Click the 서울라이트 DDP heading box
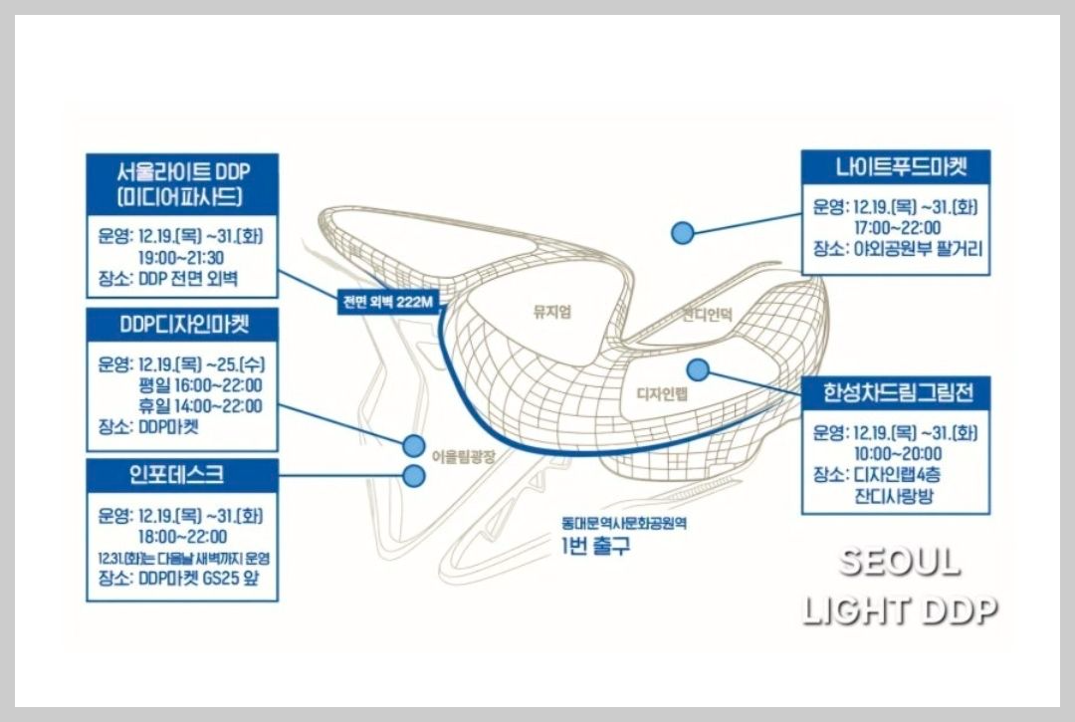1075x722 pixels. [182, 182]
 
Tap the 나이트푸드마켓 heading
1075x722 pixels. [896, 166]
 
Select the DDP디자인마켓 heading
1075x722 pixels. [182, 324]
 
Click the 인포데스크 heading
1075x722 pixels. [182, 474]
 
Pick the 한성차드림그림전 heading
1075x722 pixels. [896, 391]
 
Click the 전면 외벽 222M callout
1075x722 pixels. [386, 303]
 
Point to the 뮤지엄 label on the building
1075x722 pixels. [552, 312]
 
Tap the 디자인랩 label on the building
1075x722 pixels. [661, 394]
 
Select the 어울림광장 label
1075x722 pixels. [463, 455]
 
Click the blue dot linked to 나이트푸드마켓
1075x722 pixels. [682, 232]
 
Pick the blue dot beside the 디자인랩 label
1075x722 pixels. [697, 369]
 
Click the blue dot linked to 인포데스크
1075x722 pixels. [414, 476]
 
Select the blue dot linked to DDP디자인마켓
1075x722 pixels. [414, 443]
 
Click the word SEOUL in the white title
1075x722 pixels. [899, 563]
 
